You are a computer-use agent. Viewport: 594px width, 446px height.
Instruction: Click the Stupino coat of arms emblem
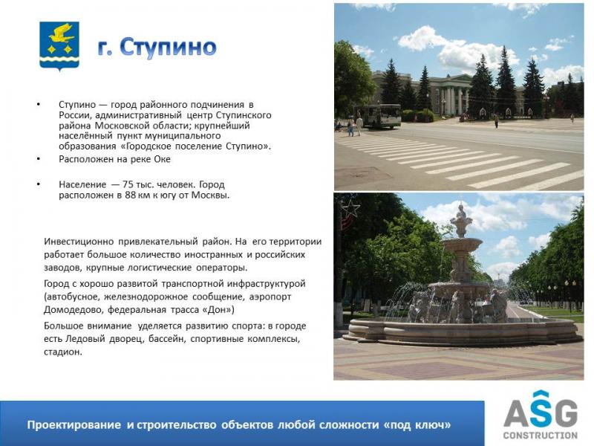point(59,46)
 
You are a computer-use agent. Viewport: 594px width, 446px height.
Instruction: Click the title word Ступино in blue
point(169,48)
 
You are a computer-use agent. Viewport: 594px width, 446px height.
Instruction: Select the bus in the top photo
point(379,116)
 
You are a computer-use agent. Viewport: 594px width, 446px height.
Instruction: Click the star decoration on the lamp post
point(350,209)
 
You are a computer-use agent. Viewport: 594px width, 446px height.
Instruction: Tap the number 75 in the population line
point(128,184)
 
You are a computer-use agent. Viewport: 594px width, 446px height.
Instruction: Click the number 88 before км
point(131,195)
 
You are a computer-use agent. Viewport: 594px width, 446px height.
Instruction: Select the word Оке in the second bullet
point(162,159)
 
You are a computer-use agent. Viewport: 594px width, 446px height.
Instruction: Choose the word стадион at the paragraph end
point(62,352)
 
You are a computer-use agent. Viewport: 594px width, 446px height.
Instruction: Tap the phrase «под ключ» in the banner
point(417,424)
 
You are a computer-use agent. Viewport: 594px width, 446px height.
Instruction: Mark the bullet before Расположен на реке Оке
point(39,159)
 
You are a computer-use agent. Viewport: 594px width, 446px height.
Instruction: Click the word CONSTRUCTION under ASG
point(541,435)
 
